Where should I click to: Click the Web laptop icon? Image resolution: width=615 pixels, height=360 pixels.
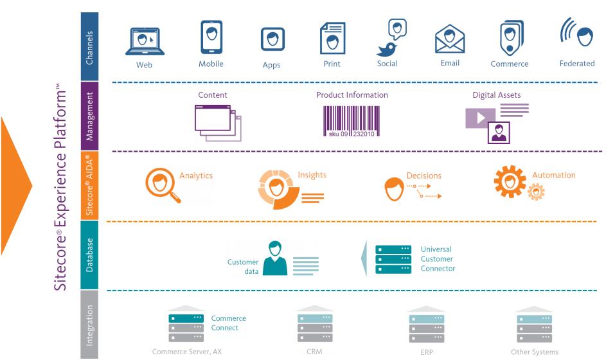[144, 42]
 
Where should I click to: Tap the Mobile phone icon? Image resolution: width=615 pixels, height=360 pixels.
[211, 38]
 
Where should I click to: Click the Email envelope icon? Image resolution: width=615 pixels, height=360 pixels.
[450, 40]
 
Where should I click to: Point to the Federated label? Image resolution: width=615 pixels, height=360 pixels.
[577, 64]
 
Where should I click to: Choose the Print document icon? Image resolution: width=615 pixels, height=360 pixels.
[332, 39]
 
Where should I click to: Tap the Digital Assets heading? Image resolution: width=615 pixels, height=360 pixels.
[497, 95]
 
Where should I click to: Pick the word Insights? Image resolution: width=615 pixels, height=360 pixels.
[312, 175]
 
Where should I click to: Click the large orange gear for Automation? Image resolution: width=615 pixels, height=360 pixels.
[510, 181]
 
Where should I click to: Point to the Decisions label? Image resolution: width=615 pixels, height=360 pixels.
[424, 175]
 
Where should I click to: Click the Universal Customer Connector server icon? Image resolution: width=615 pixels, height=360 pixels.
[393, 259]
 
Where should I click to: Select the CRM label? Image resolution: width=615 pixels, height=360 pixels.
[315, 352]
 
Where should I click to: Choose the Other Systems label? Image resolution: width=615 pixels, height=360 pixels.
[535, 352]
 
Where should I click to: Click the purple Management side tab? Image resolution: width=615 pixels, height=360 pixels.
[90, 116]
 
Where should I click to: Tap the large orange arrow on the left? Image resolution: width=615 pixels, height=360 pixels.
[15, 186]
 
